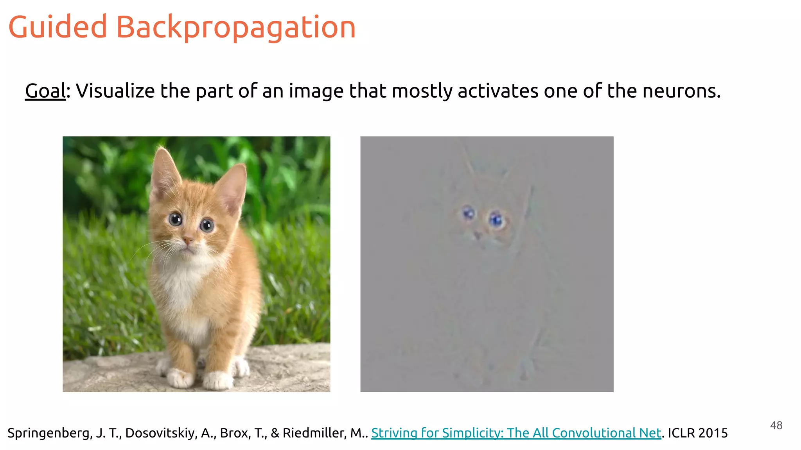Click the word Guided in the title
tap(57, 27)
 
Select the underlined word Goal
tap(45, 91)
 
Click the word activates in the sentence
tap(498, 91)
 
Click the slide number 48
tap(776, 425)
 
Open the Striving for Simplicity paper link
tap(516, 433)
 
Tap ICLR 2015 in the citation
tap(698, 433)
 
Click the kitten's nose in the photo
tap(188, 239)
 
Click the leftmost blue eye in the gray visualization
tap(468, 213)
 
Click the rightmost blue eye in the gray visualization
tap(496, 220)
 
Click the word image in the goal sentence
tap(316, 91)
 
